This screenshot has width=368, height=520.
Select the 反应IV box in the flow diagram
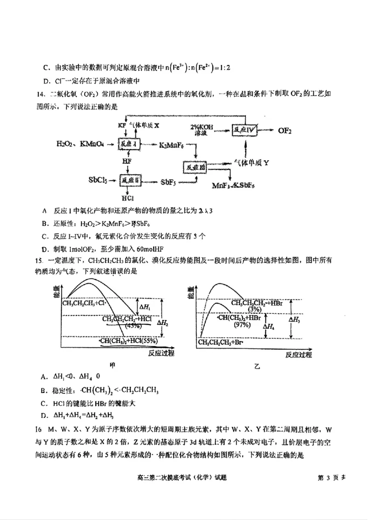coord(244,130)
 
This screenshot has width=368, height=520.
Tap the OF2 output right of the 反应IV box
coord(285,130)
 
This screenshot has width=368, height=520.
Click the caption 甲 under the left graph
coord(112,365)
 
